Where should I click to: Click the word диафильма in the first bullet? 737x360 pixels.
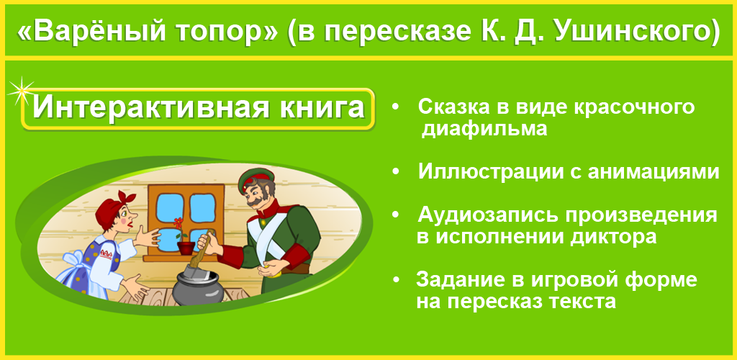(484, 129)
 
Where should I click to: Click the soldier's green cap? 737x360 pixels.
(256, 180)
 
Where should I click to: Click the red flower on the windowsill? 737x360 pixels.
(178, 222)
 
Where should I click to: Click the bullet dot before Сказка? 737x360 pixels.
(395, 107)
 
